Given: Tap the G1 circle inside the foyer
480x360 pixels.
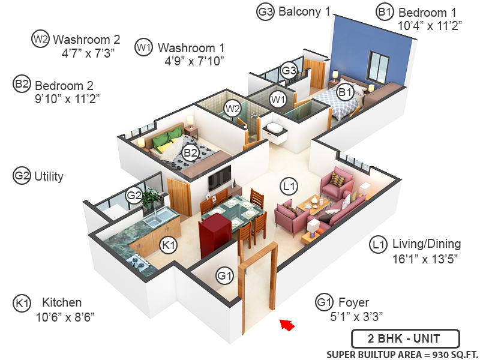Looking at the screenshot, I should click(x=224, y=276).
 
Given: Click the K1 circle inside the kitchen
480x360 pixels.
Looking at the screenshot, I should click(x=169, y=244).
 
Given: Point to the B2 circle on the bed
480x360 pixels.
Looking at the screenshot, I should click(x=191, y=153).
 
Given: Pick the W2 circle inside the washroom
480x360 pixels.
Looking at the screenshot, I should click(x=232, y=109).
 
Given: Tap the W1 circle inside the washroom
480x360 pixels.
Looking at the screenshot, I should click(x=277, y=99).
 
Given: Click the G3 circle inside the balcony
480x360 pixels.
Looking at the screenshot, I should click(x=289, y=70).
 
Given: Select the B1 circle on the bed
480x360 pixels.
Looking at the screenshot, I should click(x=344, y=92).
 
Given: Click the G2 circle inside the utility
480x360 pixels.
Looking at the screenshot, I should click(x=133, y=194).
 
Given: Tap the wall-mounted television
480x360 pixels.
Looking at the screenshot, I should click(x=219, y=176).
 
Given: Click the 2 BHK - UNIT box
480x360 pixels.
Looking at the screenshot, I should click(x=405, y=338).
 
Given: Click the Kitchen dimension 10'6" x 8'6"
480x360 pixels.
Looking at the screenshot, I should click(x=65, y=316).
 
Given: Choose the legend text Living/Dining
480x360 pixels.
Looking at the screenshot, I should click(x=426, y=244).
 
